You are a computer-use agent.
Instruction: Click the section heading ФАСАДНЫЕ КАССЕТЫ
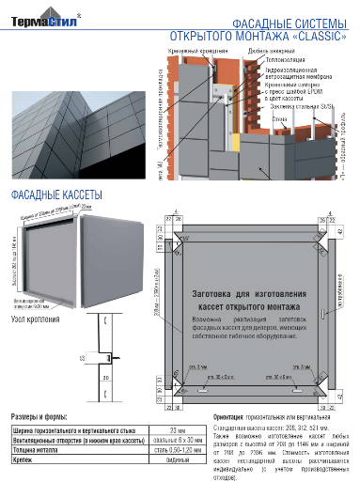coord(55,195)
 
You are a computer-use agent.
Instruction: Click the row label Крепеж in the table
coord(24,460)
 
